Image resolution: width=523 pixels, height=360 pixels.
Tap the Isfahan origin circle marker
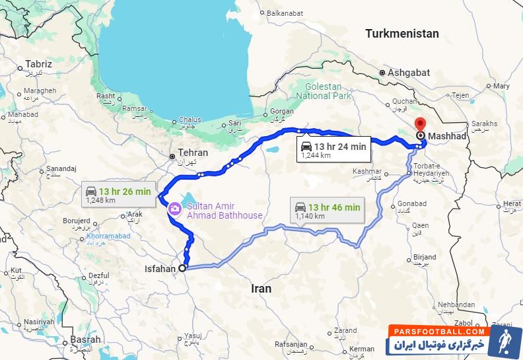(x=183, y=268)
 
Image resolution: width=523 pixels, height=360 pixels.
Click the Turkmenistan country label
(x=402, y=33)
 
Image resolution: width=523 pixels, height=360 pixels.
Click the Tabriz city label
(x=38, y=64)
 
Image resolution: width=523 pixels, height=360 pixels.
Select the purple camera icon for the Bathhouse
(x=175, y=209)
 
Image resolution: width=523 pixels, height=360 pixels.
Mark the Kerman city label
(x=363, y=348)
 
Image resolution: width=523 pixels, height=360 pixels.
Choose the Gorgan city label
(x=282, y=111)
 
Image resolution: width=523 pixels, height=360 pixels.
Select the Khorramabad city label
(x=108, y=236)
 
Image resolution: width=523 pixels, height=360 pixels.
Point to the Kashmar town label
(x=368, y=171)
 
